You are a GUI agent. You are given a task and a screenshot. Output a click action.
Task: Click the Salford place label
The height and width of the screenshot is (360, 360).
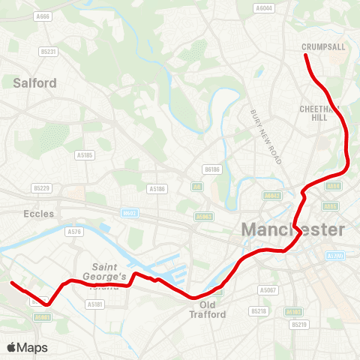click(x=34, y=83)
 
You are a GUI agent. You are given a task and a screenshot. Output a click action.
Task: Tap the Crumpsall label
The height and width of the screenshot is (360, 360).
click(x=325, y=46)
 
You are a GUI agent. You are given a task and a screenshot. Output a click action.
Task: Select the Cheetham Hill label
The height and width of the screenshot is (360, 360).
click(x=320, y=113)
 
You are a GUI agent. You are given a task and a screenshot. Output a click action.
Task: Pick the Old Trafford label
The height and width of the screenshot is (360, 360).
click(x=212, y=310)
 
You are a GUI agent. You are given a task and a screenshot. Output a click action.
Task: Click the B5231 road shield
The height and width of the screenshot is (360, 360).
click(x=49, y=52)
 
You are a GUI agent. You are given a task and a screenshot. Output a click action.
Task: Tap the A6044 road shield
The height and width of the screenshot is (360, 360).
click(x=264, y=8)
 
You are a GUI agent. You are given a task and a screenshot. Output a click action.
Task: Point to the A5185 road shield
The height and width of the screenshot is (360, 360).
click(x=85, y=155)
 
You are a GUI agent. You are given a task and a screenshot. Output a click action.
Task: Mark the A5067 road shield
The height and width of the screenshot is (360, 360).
click(x=268, y=289)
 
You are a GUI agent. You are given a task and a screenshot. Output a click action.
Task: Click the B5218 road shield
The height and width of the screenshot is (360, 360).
click(x=259, y=310)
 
